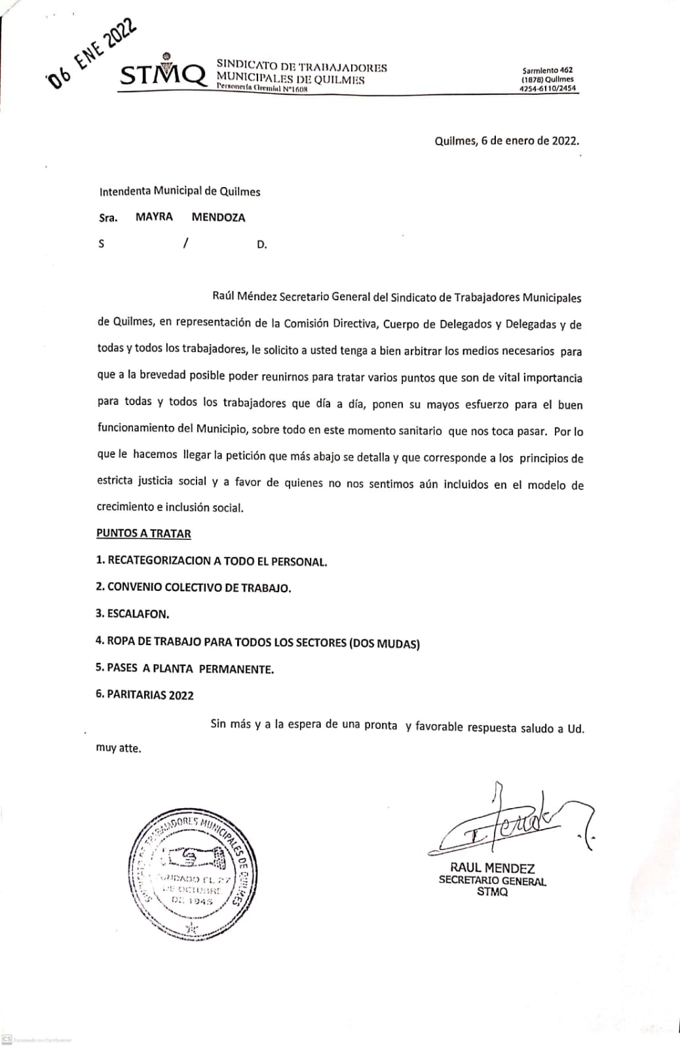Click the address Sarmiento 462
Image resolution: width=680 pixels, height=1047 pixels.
tap(547, 70)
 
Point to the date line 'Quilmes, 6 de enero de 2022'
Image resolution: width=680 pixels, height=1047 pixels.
tap(506, 141)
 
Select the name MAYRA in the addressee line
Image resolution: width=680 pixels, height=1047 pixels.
tap(154, 217)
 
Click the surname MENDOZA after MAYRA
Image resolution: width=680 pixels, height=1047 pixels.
tap(218, 218)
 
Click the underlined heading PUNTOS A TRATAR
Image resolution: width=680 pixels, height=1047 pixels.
tap(143, 533)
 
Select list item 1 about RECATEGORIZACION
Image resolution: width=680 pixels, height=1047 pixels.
tap(211, 561)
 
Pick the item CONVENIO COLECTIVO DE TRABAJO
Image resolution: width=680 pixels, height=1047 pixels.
tap(193, 588)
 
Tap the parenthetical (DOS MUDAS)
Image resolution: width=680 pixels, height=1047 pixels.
tap(385, 643)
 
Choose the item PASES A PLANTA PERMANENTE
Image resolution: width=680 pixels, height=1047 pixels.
tap(185, 669)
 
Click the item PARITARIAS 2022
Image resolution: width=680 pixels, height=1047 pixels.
tap(145, 695)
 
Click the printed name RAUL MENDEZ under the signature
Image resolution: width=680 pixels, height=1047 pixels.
tap(492, 868)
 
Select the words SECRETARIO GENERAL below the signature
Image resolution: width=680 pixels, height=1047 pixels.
tap(492, 881)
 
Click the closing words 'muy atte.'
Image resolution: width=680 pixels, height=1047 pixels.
tap(119, 748)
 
